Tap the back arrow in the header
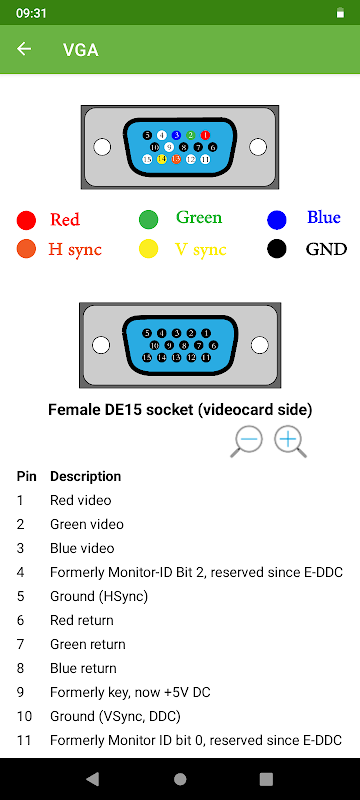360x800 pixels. click(24, 49)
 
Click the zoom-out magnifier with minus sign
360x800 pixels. click(246, 442)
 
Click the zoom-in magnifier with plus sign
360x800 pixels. click(291, 442)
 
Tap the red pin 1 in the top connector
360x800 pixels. click(205, 135)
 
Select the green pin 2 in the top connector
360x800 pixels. click(191, 135)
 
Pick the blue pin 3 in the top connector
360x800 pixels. click(176, 135)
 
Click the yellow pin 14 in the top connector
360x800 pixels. click(162, 159)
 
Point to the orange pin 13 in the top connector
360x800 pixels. click(176, 159)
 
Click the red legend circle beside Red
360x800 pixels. click(26, 220)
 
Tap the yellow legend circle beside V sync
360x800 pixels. click(148, 249)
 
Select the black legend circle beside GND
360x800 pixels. click(276, 249)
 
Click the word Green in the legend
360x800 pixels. click(199, 218)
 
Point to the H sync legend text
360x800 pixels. click(75, 249)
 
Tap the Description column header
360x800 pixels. click(86, 477)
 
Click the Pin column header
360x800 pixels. click(27, 477)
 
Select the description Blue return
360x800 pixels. click(83, 668)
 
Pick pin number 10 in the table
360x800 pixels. click(24, 716)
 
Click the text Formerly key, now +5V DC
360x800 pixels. click(130, 692)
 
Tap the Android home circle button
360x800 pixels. click(180, 779)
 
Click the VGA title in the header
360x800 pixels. click(81, 50)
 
